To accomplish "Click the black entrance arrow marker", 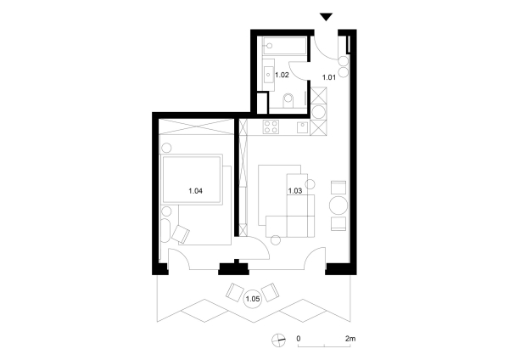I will point(327,17).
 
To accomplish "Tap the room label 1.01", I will point(328,77).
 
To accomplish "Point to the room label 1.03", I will point(295,190).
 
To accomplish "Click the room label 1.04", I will point(195,190).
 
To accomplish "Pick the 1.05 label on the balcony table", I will point(252,299).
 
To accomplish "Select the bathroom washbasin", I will point(269,74).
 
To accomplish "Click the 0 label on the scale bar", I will point(299,339).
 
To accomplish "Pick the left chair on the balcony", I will point(233,294).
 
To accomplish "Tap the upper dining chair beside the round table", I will point(338,186).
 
